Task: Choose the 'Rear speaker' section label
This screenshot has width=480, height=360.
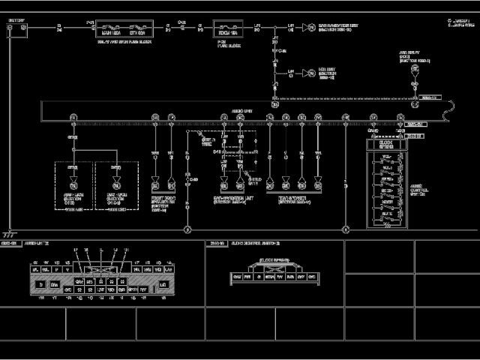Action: pos(293,201)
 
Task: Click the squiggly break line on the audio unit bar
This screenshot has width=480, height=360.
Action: pos(448,113)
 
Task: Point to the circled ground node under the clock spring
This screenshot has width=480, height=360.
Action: pos(344,229)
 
